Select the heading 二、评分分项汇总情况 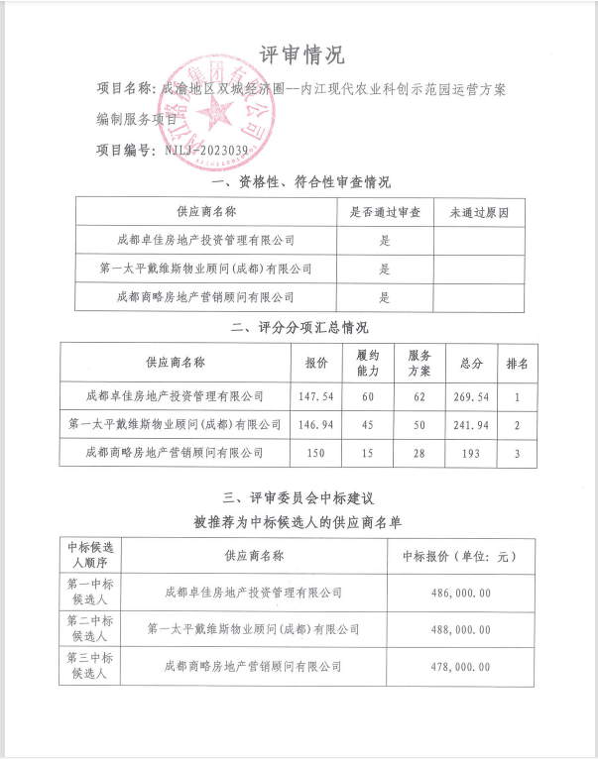[x=299, y=328]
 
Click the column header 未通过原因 [x=479, y=212]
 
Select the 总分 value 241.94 [x=471, y=424]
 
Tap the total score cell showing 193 [x=471, y=453]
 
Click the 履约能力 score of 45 [x=368, y=424]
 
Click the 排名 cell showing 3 [x=517, y=453]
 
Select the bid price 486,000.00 [x=457, y=593]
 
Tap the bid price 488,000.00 [x=457, y=629]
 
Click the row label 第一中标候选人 [x=90, y=593]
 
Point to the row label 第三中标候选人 [x=90, y=666]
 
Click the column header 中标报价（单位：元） [x=457, y=556]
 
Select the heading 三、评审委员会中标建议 [x=299, y=495]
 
